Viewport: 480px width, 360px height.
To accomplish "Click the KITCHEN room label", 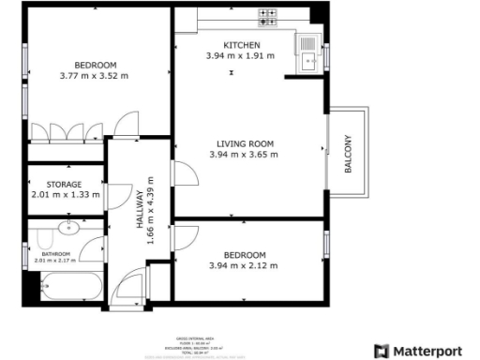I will point(242,45).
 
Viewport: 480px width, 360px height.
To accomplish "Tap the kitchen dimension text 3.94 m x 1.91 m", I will point(242,56).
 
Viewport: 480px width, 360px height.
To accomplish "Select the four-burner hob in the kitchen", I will point(268,16).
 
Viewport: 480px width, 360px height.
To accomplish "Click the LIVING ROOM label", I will point(244,143).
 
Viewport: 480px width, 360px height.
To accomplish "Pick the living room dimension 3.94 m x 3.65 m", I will point(244,155).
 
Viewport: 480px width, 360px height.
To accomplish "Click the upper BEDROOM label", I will point(94,65).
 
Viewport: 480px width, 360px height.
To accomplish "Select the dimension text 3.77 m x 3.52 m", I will point(94,76).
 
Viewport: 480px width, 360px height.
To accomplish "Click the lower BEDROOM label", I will point(244,255).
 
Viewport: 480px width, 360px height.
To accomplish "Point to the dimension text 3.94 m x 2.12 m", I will point(244,266).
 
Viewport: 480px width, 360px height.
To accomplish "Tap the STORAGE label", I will point(64,185).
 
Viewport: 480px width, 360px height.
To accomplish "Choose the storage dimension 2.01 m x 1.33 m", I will point(64,195).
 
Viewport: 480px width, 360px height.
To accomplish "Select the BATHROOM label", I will point(56,253).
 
